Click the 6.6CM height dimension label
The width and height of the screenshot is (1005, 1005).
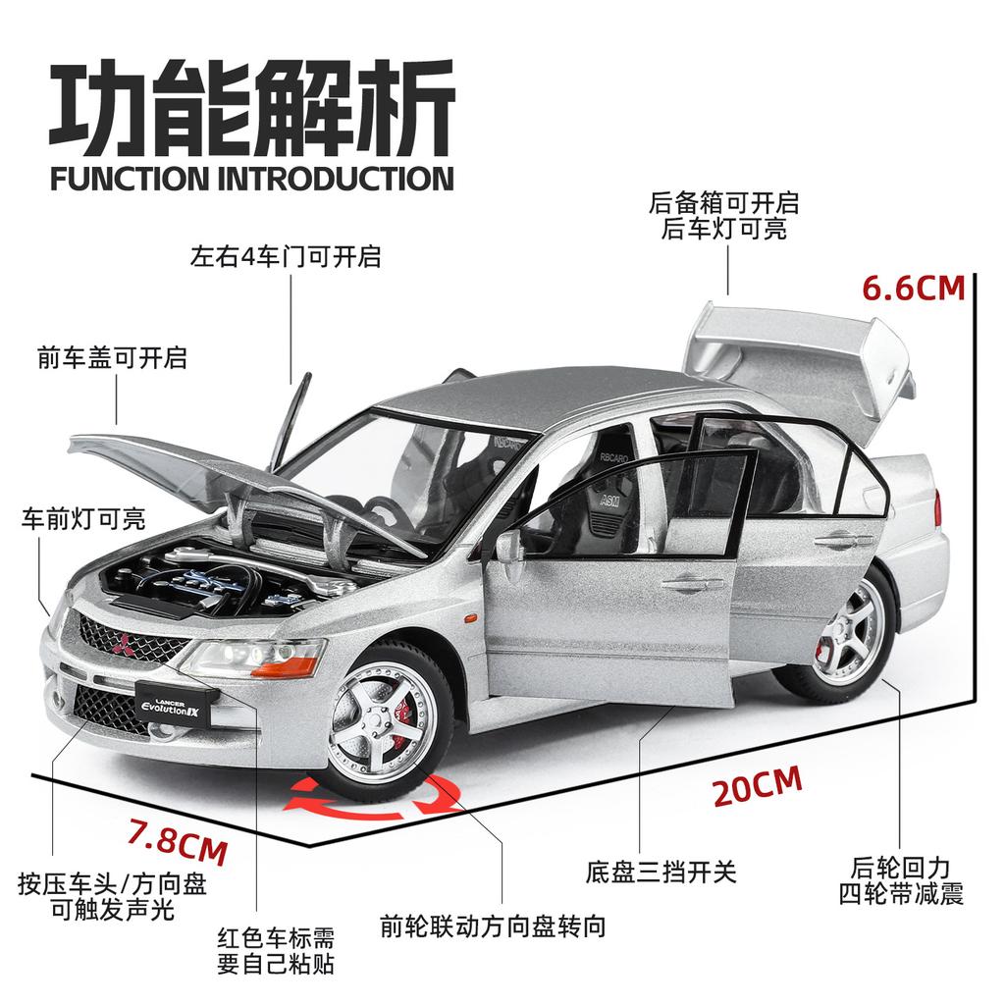pyautogui.click(x=913, y=288)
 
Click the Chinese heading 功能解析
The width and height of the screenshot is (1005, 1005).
pyautogui.click(x=252, y=113)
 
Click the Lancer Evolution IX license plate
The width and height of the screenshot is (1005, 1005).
pyautogui.click(x=173, y=707)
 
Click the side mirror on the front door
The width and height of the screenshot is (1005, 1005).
pyautogui.click(x=509, y=549)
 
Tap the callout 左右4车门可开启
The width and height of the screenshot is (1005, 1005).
pyautogui.click(x=286, y=258)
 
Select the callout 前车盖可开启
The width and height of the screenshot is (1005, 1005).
pyautogui.click(x=112, y=357)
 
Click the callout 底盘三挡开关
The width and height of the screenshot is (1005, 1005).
pyautogui.click(x=661, y=871)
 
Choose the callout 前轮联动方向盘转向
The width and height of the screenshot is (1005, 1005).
pyautogui.click(x=493, y=925)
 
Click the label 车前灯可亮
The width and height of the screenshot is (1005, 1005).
pyautogui.click(x=83, y=518)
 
